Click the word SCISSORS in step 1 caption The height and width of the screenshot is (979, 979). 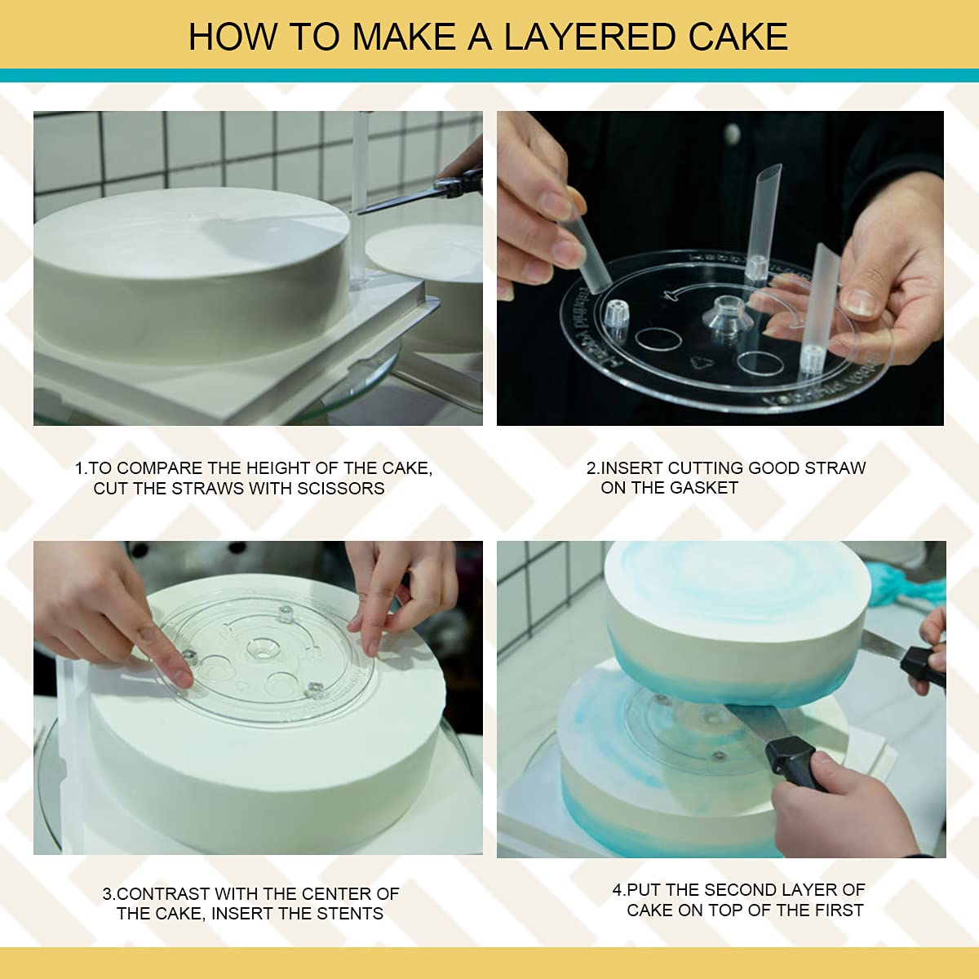click(340, 488)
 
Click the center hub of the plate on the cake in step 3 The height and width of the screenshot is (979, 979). click(262, 649)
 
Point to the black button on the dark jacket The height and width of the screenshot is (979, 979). click(732, 133)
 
